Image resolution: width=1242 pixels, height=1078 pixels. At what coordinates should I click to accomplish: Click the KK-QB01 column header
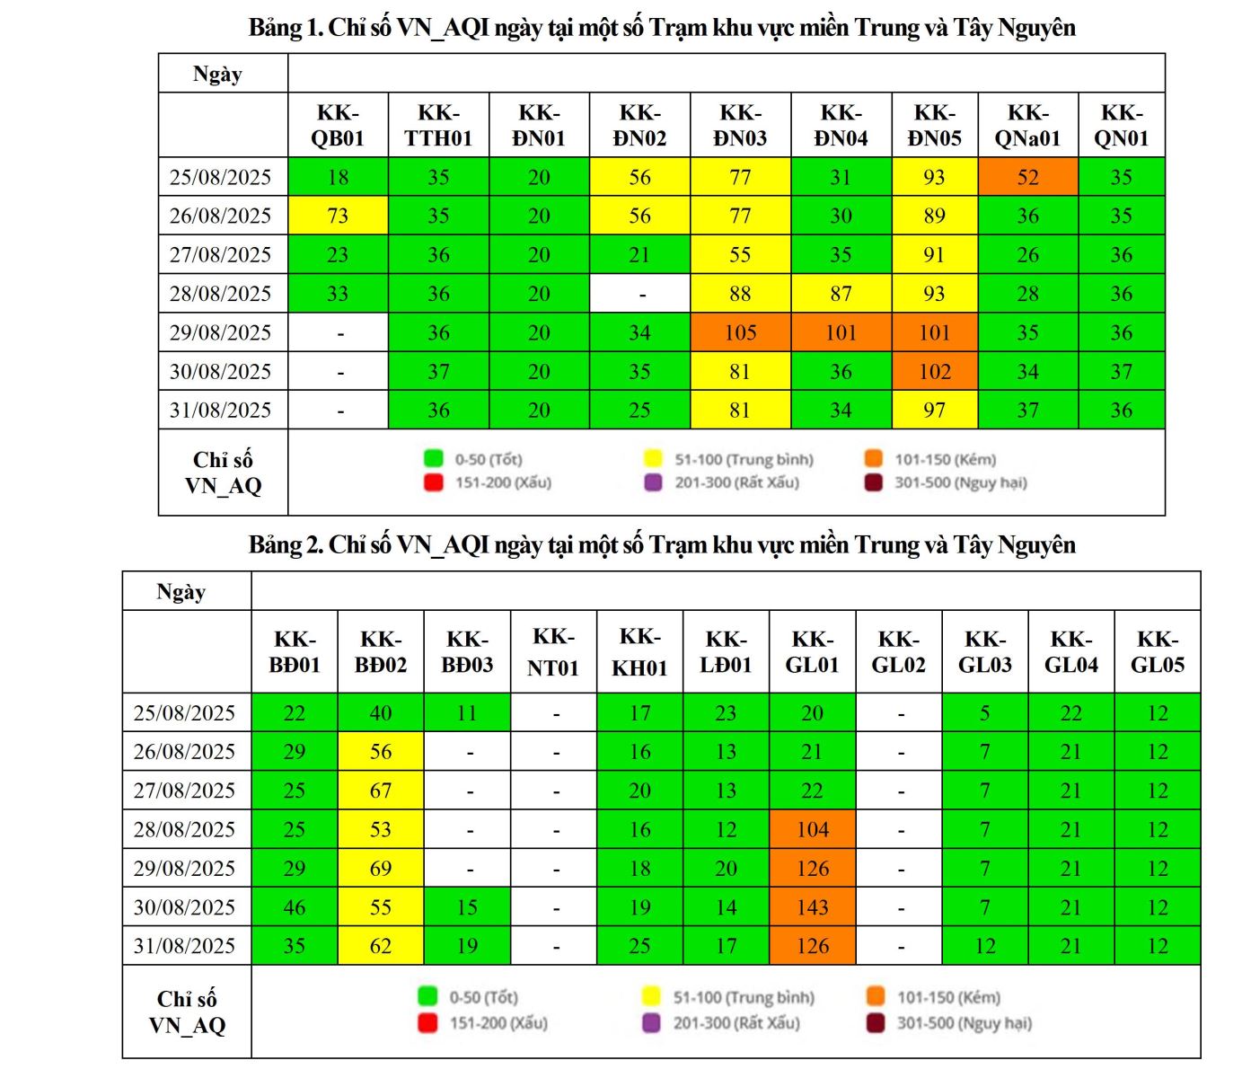338,126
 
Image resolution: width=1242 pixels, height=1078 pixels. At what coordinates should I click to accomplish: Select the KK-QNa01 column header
1027,126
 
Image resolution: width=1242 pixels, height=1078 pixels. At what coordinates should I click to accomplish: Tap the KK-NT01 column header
553,652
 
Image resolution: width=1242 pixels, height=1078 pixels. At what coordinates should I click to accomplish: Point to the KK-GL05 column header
1157,652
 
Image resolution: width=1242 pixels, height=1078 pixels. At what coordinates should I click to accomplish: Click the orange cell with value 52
1027,177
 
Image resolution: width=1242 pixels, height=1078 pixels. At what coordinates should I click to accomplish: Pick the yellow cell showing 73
338,216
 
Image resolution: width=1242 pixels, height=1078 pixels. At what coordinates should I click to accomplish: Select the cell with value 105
740,332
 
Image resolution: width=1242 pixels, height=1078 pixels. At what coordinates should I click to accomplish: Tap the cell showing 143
812,907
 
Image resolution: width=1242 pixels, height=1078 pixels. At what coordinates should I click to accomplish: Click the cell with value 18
338,177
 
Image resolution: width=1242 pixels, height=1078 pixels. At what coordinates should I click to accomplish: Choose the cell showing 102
934,371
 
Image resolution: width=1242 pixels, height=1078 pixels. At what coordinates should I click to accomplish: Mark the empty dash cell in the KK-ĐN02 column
639,294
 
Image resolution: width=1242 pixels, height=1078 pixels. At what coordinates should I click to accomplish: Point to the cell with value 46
295,907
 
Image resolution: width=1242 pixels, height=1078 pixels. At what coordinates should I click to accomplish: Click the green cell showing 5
984,713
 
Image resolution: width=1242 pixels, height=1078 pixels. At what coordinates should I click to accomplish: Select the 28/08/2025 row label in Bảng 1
221,294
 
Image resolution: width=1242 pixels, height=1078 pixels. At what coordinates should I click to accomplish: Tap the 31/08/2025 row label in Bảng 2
185,946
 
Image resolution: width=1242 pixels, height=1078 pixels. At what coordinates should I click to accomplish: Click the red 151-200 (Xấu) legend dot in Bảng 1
434,482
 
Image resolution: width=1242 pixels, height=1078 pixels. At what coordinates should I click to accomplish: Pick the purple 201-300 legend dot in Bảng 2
652,1022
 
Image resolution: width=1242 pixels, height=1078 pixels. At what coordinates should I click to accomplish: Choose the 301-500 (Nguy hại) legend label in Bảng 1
960,482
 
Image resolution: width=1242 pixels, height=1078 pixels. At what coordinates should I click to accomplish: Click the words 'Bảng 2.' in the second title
286,545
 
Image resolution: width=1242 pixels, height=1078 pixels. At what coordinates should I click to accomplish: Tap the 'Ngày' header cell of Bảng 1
218,74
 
